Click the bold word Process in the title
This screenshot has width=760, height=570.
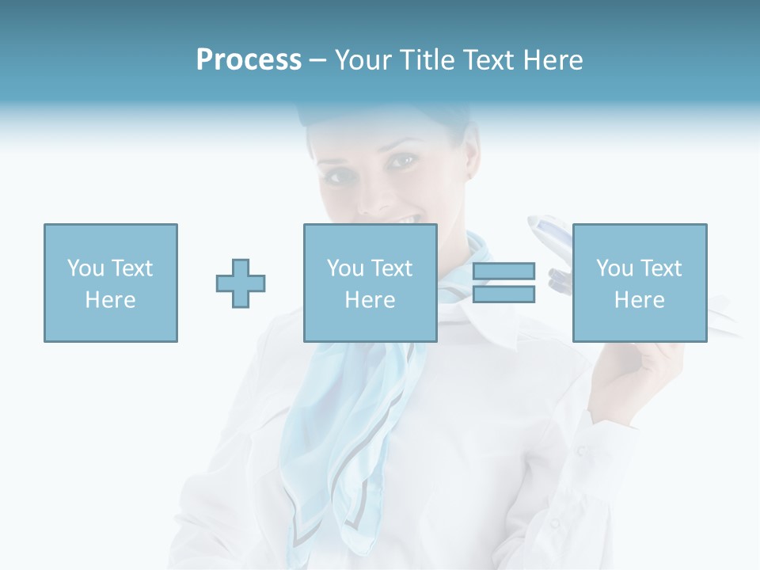pyautogui.click(x=249, y=60)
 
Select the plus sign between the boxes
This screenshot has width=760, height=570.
pyautogui.click(x=241, y=283)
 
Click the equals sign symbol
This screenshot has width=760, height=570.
pyautogui.click(x=503, y=283)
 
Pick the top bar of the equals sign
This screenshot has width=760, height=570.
pyautogui.click(x=503, y=272)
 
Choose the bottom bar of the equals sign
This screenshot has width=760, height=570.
pyautogui.click(x=503, y=294)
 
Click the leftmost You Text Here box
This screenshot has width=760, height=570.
pyautogui.click(x=110, y=283)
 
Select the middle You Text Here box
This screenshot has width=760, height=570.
pyautogui.click(x=370, y=283)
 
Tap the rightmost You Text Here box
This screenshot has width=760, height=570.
pyautogui.click(x=639, y=283)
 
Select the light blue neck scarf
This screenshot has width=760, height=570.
pyautogui.click(x=348, y=412)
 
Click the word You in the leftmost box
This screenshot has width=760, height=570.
pyautogui.click(x=85, y=268)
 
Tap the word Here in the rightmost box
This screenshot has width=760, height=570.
pyautogui.click(x=639, y=299)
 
